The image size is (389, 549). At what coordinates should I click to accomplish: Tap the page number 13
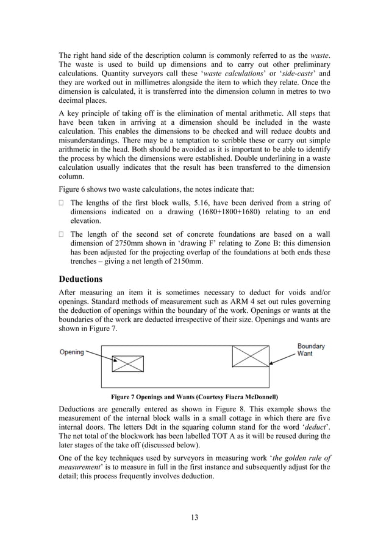194,517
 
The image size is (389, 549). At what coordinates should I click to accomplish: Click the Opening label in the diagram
71,352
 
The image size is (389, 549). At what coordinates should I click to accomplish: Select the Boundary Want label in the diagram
311,351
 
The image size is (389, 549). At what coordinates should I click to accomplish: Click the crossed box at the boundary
251,356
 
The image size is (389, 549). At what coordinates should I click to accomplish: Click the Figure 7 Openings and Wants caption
193,396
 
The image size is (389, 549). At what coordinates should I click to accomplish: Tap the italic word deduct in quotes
312,427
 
